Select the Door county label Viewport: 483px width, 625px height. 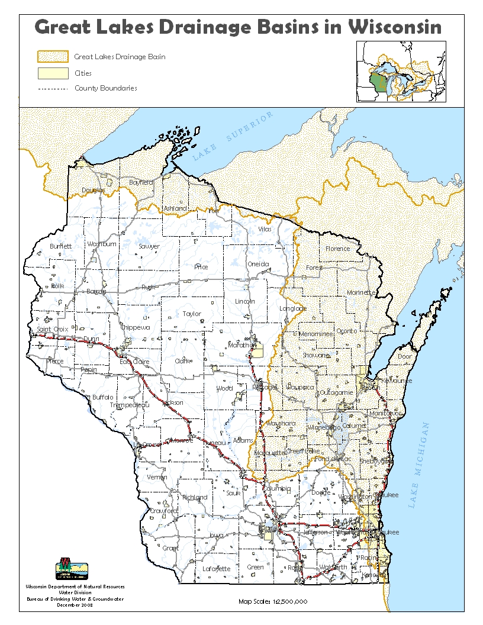click(x=405, y=357)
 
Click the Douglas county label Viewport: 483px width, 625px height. click(x=93, y=190)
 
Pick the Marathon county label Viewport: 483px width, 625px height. click(x=241, y=344)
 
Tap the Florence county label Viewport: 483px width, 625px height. click(x=338, y=249)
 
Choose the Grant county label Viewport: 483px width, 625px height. click(x=170, y=548)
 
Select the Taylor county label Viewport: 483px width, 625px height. click(x=192, y=314)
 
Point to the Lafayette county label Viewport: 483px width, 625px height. click(x=216, y=569)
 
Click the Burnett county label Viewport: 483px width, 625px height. click(x=60, y=246)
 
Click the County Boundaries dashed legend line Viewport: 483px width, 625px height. click(x=52, y=89)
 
